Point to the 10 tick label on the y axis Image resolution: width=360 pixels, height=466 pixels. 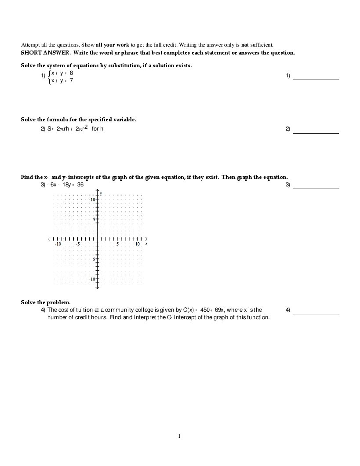click(x=93, y=200)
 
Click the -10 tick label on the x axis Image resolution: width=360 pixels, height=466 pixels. click(x=58, y=244)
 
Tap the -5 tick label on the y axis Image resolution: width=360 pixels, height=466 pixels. click(x=93, y=259)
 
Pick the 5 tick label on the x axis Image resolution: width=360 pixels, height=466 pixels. click(x=117, y=244)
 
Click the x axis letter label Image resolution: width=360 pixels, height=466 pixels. click(x=146, y=243)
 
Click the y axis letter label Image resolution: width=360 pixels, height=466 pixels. click(x=101, y=193)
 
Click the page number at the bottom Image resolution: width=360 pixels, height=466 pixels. click(x=179, y=436)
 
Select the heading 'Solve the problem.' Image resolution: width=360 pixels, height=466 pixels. click(x=46, y=302)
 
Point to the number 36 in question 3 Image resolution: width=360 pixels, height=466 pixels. click(x=80, y=185)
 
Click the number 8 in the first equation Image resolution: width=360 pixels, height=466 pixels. click(x=71, y=73)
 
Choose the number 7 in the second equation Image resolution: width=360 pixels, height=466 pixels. click(x=71, y=80)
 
